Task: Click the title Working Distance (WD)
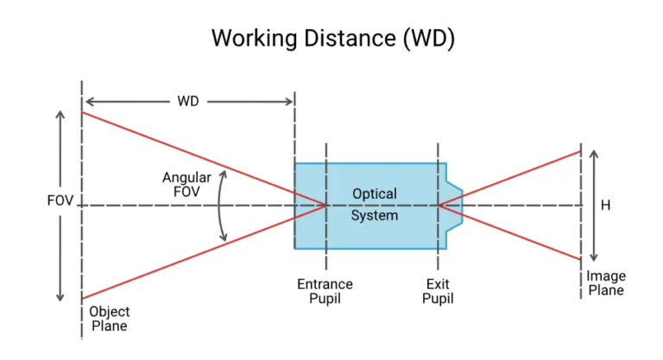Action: [332, 39]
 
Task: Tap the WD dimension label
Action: [188, 101]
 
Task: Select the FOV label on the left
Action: [60, 201]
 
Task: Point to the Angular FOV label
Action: [181, 185]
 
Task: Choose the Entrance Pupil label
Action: [325, 291]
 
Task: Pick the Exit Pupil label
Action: [439, 291]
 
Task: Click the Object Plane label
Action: [109, 319]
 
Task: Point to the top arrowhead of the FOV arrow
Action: [60, 113]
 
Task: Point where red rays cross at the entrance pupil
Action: [326, 205]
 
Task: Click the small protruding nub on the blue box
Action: [454, 205]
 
